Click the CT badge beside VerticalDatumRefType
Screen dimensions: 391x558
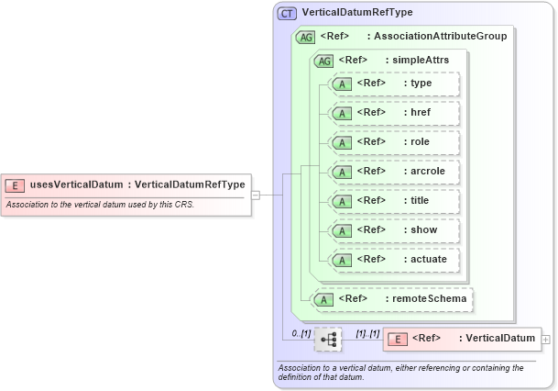(287, 14)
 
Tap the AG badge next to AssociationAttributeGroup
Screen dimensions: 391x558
(305, 37)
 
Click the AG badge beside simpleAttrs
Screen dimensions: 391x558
(323, 61)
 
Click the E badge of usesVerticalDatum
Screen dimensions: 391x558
(15, 184)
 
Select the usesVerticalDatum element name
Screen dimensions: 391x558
(76, 184)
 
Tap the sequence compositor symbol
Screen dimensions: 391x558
(327, 339)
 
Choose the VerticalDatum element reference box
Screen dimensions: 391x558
(462, 339)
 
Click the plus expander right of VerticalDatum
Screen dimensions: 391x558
(546, 339)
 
